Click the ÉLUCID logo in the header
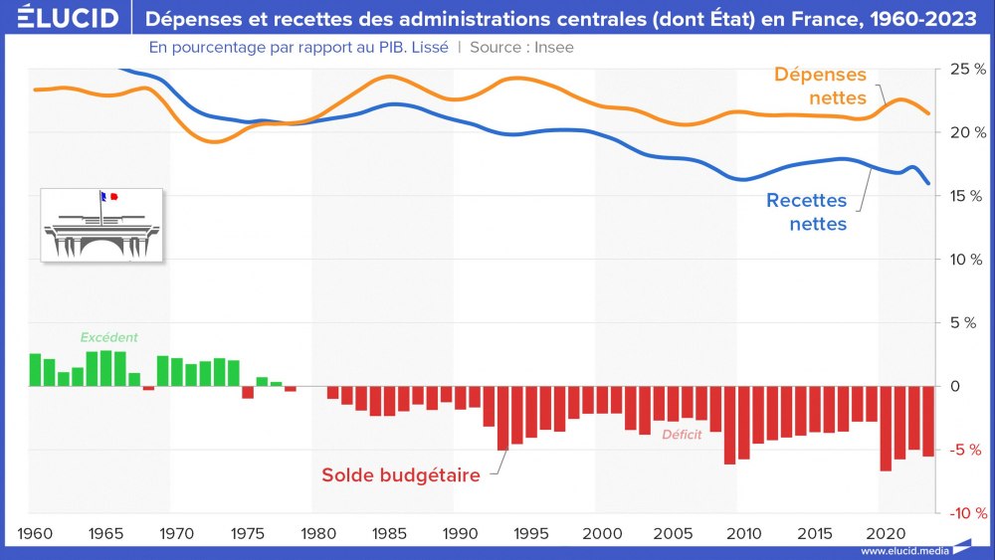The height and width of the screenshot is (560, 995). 61,18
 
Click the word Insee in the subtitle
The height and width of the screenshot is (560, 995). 552,47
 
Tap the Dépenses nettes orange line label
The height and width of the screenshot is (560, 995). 822,87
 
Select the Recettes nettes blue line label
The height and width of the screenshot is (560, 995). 806,212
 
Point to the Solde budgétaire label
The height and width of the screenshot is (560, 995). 400,475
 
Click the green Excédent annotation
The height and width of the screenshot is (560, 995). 108,337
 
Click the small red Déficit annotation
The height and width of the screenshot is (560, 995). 682,435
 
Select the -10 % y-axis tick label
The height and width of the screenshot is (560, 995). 965,513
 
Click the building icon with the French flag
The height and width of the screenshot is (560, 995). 100,225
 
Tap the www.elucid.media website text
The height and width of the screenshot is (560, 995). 900,550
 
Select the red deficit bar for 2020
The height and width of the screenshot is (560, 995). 886,429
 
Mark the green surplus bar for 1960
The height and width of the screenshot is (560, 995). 35,370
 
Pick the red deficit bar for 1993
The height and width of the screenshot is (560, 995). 502,418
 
